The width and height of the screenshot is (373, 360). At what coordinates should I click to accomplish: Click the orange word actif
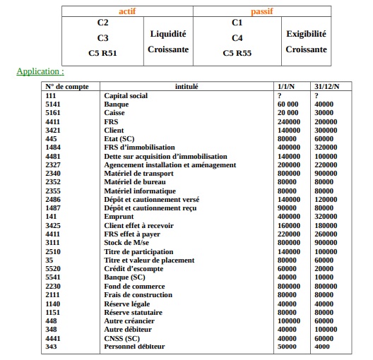click(128, 11)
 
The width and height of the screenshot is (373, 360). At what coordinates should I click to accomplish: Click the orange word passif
click(262, 11)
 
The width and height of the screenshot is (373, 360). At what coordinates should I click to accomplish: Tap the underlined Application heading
click(40, 71)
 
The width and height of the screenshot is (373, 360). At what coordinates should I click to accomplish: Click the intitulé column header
click(186, 86)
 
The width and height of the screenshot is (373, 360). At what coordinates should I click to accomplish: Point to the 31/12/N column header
click(327, 86)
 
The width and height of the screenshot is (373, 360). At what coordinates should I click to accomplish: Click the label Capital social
click(126, 95)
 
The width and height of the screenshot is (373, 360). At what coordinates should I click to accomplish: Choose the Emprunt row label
click(118, 217)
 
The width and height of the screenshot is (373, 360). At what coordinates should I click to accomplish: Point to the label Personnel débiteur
click(134, 347)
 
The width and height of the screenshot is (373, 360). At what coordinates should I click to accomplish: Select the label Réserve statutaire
click(134, 312)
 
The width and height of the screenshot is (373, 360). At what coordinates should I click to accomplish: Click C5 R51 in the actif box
click(102, 53)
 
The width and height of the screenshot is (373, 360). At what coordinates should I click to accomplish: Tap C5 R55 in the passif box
click(237, 53)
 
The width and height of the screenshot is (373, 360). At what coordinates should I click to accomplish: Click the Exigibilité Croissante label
click(306, 41)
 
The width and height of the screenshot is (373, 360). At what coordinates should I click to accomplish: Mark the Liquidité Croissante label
click(168, 41)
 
